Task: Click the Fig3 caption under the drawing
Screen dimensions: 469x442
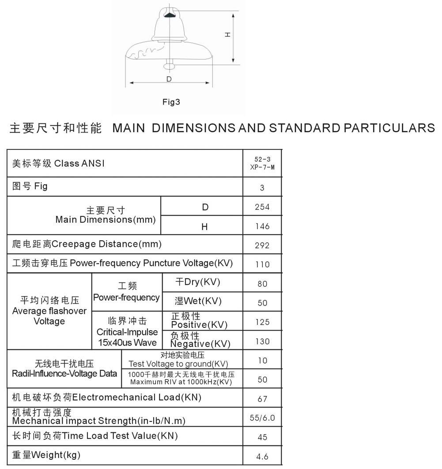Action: click(171, 102)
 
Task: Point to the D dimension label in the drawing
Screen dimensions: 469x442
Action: click(169, 79)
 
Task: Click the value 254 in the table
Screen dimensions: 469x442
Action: click(262, 207)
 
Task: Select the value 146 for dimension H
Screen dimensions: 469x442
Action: click(262, 227)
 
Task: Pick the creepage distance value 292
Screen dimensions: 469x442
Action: click(262, 246)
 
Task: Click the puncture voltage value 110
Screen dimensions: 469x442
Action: click(262, 264)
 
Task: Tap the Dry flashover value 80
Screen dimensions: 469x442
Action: click(262, 284)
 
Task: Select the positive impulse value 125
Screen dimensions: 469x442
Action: click(262, 322)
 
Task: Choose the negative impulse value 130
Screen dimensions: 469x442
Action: click(262, 342)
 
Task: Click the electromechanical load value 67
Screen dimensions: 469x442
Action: click(262, 399)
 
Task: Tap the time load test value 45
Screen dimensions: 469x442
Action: click(262, 437)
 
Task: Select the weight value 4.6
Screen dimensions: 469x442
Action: click(262, 457)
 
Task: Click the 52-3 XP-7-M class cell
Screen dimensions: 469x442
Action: click(262, 164)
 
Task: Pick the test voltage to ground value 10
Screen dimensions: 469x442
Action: click(262, 361)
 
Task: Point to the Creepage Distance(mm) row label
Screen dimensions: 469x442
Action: click(87, 244)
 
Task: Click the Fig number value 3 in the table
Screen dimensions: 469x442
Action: click(262, 188)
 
